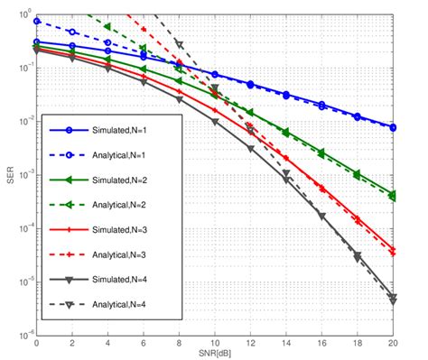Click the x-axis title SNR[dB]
215,353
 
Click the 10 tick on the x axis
215,344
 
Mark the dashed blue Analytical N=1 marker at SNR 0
37,21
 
